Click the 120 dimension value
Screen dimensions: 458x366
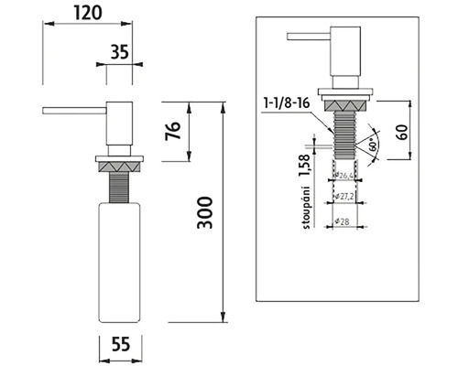coord(87,13)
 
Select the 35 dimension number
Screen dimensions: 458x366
coord(119,52)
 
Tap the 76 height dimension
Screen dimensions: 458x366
coord(173,131)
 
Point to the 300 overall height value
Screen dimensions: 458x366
coord(204,212)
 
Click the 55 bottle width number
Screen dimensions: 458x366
coord(121,344)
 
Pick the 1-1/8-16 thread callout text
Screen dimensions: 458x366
coord(287,103)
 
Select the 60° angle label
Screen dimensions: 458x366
coord(372,146)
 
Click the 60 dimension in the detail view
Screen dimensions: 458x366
coord(403,132)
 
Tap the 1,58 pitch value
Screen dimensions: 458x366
coord(305,166)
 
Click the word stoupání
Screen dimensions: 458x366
coord(306,207)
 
